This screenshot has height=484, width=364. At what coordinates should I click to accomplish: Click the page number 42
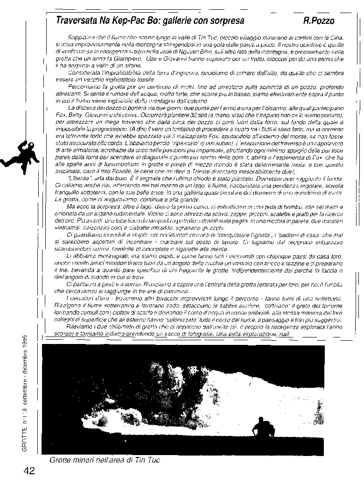[29, 470]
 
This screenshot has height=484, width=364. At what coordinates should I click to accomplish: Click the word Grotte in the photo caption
[61, 460]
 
